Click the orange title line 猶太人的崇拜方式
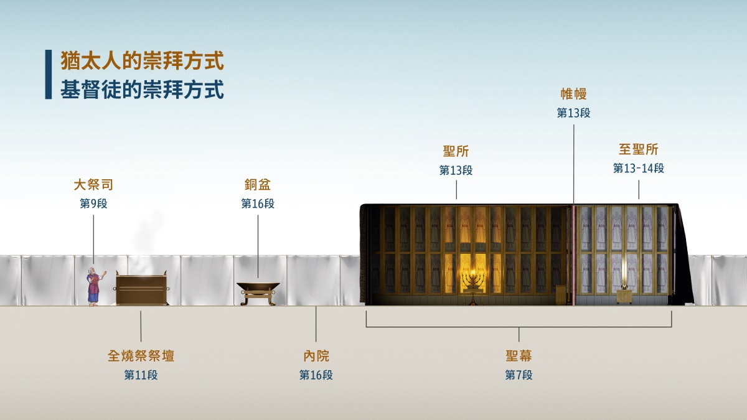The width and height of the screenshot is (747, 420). pos(142,61)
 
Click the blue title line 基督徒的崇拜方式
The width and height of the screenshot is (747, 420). pos(142,90)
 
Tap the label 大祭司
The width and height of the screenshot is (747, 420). pos(93,185)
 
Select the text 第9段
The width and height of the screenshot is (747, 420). pos(93,203)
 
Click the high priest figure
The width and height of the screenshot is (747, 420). pos(95,286)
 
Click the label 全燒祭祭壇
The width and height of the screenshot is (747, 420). pos(141,356)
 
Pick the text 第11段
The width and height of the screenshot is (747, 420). pos(141,375)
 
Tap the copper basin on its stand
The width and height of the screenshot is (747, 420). pos(258,293)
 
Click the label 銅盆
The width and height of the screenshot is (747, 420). pos(258,185)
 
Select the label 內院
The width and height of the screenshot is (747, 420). pos(316,356)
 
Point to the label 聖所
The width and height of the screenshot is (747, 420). pos(456,151)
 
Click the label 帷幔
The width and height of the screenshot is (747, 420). pos(573,94)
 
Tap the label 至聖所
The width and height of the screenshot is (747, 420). pos(639,149)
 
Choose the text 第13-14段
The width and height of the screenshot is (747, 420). pos(639,168)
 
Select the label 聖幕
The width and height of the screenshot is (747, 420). pos(519,356)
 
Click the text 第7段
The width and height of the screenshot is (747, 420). pos(519,375)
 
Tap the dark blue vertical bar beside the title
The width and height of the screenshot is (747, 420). pos(49,74)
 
